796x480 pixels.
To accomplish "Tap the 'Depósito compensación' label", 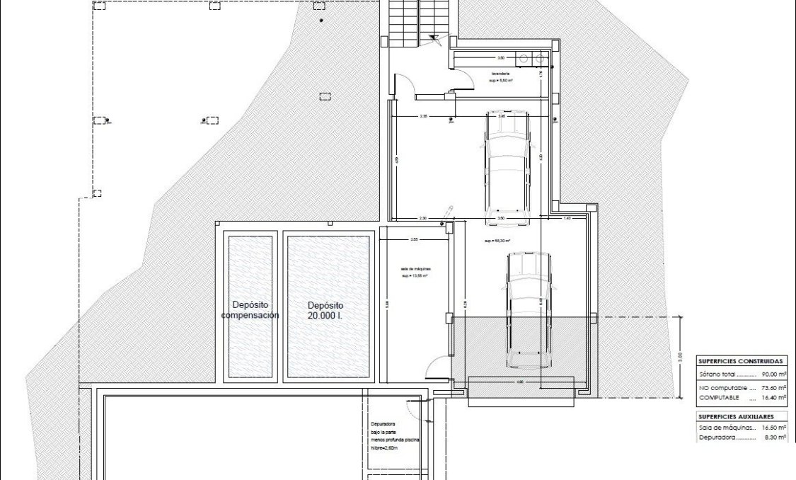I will pyautogui.click(x=250, y=310).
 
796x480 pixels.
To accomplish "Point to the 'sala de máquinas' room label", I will pyautogui.click(x=415, y=270).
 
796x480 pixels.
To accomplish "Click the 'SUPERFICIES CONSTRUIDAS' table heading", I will pyautogui.click(x=740, y=360).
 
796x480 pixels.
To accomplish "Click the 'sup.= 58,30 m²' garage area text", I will pyautogui.click(x=497, y=241).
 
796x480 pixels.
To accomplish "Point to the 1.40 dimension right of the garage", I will pyautogui.click(x=567, y=219).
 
